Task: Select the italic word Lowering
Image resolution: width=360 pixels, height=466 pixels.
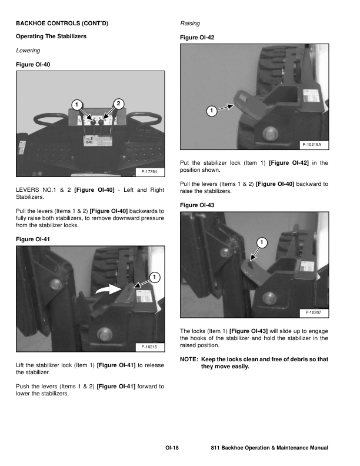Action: [28, 51]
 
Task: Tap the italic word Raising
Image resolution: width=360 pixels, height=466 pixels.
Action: [189, 23]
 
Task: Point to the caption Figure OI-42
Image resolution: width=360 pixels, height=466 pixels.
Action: [198, 37]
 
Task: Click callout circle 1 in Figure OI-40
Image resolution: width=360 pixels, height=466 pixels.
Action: [75, 105]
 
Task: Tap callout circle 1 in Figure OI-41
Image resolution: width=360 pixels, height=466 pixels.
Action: [153, 277]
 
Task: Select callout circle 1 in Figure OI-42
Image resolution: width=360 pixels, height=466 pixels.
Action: [210, 111]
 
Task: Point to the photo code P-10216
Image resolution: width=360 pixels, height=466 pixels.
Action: [151, 348]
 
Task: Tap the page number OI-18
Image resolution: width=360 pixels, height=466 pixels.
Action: [171, 448]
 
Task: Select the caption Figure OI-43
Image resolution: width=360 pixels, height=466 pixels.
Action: [198, 204]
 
